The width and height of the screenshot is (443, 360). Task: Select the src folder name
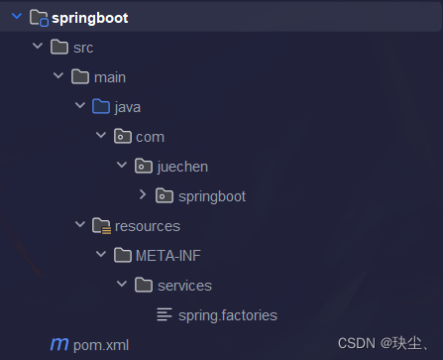83,48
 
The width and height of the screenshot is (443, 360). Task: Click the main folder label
109,77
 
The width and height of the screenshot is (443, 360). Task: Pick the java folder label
128,107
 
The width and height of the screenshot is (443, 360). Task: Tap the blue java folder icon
101,107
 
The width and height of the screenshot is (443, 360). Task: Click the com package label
150,137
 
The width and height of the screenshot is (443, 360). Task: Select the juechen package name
183,167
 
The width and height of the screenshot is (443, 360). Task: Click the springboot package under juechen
212,196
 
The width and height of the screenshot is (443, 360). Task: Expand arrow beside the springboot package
143,196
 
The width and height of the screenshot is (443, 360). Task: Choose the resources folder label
148,226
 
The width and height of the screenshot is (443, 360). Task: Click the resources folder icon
101,226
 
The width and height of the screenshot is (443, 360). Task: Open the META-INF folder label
168,256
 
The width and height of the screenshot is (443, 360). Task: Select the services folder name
184,286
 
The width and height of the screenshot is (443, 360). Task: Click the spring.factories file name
227,315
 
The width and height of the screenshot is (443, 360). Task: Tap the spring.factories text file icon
165,315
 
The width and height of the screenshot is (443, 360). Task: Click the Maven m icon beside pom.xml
59,345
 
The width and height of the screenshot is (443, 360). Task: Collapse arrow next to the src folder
38,48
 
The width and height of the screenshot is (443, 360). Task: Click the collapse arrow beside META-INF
101,256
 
